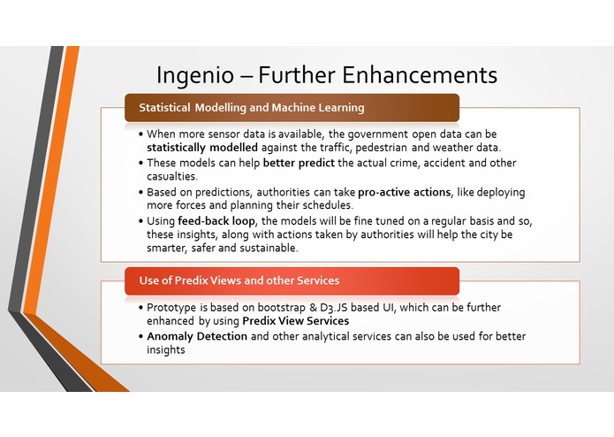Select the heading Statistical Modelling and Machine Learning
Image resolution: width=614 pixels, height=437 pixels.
pos(251,108)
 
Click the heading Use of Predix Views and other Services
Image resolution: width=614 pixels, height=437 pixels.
pos(239,280)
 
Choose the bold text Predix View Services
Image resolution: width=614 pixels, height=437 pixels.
pos(292,321)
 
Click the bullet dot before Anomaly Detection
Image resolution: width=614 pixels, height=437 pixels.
pos(140,336)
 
